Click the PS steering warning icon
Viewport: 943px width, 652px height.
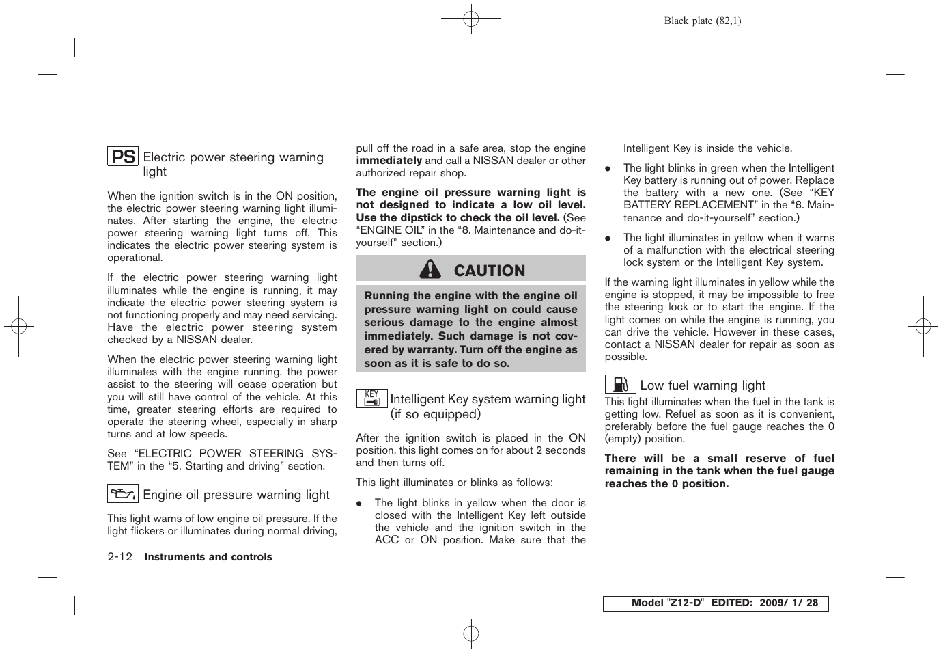[x=123, y=157]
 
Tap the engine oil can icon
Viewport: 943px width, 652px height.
[x=123, y=493]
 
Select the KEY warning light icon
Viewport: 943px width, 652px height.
[x=371, y=398]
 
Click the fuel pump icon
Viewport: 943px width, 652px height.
[x=620, y=384]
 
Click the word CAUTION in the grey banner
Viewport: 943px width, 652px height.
[x=490, y=271]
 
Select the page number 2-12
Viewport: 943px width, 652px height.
[x=120, y=557]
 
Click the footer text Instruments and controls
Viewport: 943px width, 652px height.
[x=208, y=557]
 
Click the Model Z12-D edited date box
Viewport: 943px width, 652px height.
[x=715, y=603]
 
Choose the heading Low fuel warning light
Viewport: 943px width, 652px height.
[x=703, y=385]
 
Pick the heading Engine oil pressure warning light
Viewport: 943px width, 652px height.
[x=236, y=495]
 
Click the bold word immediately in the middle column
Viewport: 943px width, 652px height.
[x=389, y=161]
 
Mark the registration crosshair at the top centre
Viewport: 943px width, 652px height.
[x=471, y=18]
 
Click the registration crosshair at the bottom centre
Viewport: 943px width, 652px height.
[x=471, y=634]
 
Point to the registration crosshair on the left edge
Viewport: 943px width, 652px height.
[x=19, y=326]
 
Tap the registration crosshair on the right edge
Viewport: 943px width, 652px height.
[x=923, y=326]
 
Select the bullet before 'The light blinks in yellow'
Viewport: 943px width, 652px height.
[x=359, y=504]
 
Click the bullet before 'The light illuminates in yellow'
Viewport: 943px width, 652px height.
[x=608, y=239]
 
